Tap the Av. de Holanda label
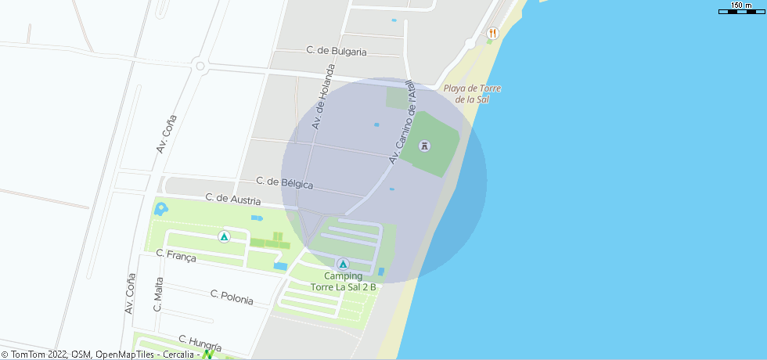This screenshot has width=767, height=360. pos(322,103)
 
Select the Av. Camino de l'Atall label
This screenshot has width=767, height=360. pos(402,122)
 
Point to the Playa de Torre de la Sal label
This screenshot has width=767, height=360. pos(472,94)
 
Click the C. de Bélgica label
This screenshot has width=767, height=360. pos(285,183)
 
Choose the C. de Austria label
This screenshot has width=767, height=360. pos(233,200)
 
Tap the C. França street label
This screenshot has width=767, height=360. pos(176,256)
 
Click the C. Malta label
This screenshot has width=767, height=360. pos(159,294)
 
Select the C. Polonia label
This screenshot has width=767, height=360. pos(232,297)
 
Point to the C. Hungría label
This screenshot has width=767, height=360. pos(200,343)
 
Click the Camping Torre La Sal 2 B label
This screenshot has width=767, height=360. pos(344,282)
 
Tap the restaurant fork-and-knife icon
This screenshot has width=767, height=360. pos(492,33)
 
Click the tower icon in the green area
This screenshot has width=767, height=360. pos(425,146)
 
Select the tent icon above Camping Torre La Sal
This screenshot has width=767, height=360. pos(343,263)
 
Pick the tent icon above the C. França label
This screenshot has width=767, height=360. pos(225,236)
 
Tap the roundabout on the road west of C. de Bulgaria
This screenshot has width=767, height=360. pos(200,67)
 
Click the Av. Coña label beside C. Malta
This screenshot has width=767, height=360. pos(131,293)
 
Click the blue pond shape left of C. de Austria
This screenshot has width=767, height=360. pos(161,209)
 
